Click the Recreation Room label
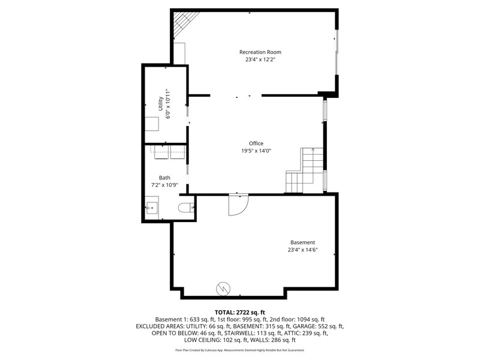tap(260, 52)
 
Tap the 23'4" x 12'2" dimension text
tap(260, 59)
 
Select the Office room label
tap(256, 143)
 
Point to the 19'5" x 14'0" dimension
tap(256, 151)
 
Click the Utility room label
tap(160, 104)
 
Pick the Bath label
tap(164, 178)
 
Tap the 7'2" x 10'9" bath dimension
tap(164, 185)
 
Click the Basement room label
tap(302, 242)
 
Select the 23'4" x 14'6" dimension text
tap(302, 250)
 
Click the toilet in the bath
tap(186, 208)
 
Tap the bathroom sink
tap(152, 208)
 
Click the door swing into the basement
tap(238, 205)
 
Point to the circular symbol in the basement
tap(223, 289)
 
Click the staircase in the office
tap(305, 170)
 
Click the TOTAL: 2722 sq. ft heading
tap(239, 313)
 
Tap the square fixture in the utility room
tap(152, 124)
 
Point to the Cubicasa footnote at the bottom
tap(239, 350)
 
